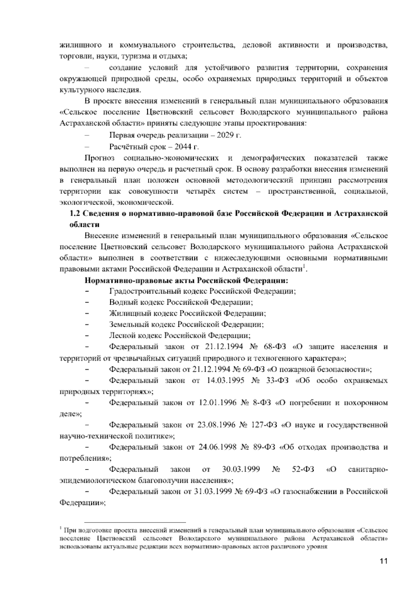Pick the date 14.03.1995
click(x=223, y=380)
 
